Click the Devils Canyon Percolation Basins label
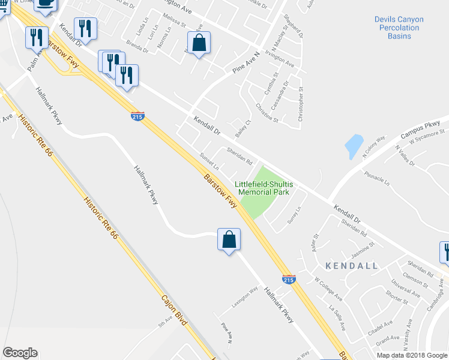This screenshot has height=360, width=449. click(x=399, y=28)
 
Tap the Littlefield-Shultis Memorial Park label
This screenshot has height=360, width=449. click(x=264, y=188)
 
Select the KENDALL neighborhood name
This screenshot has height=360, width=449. click(x=352, y=265)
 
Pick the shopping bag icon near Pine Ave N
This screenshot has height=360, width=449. click(x=199, y=43)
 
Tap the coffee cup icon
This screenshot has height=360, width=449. click(x=46, y=4)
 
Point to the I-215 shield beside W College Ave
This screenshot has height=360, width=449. click(x=288, y=279)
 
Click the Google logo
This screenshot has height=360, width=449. click(x=20, y=353)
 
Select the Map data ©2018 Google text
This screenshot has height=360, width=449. click(x=411, y=355)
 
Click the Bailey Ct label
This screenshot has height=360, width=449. click(x=243, y=128)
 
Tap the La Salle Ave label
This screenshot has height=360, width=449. click(x=337, y=317)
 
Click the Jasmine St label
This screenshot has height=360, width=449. click(x=363, y=248)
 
